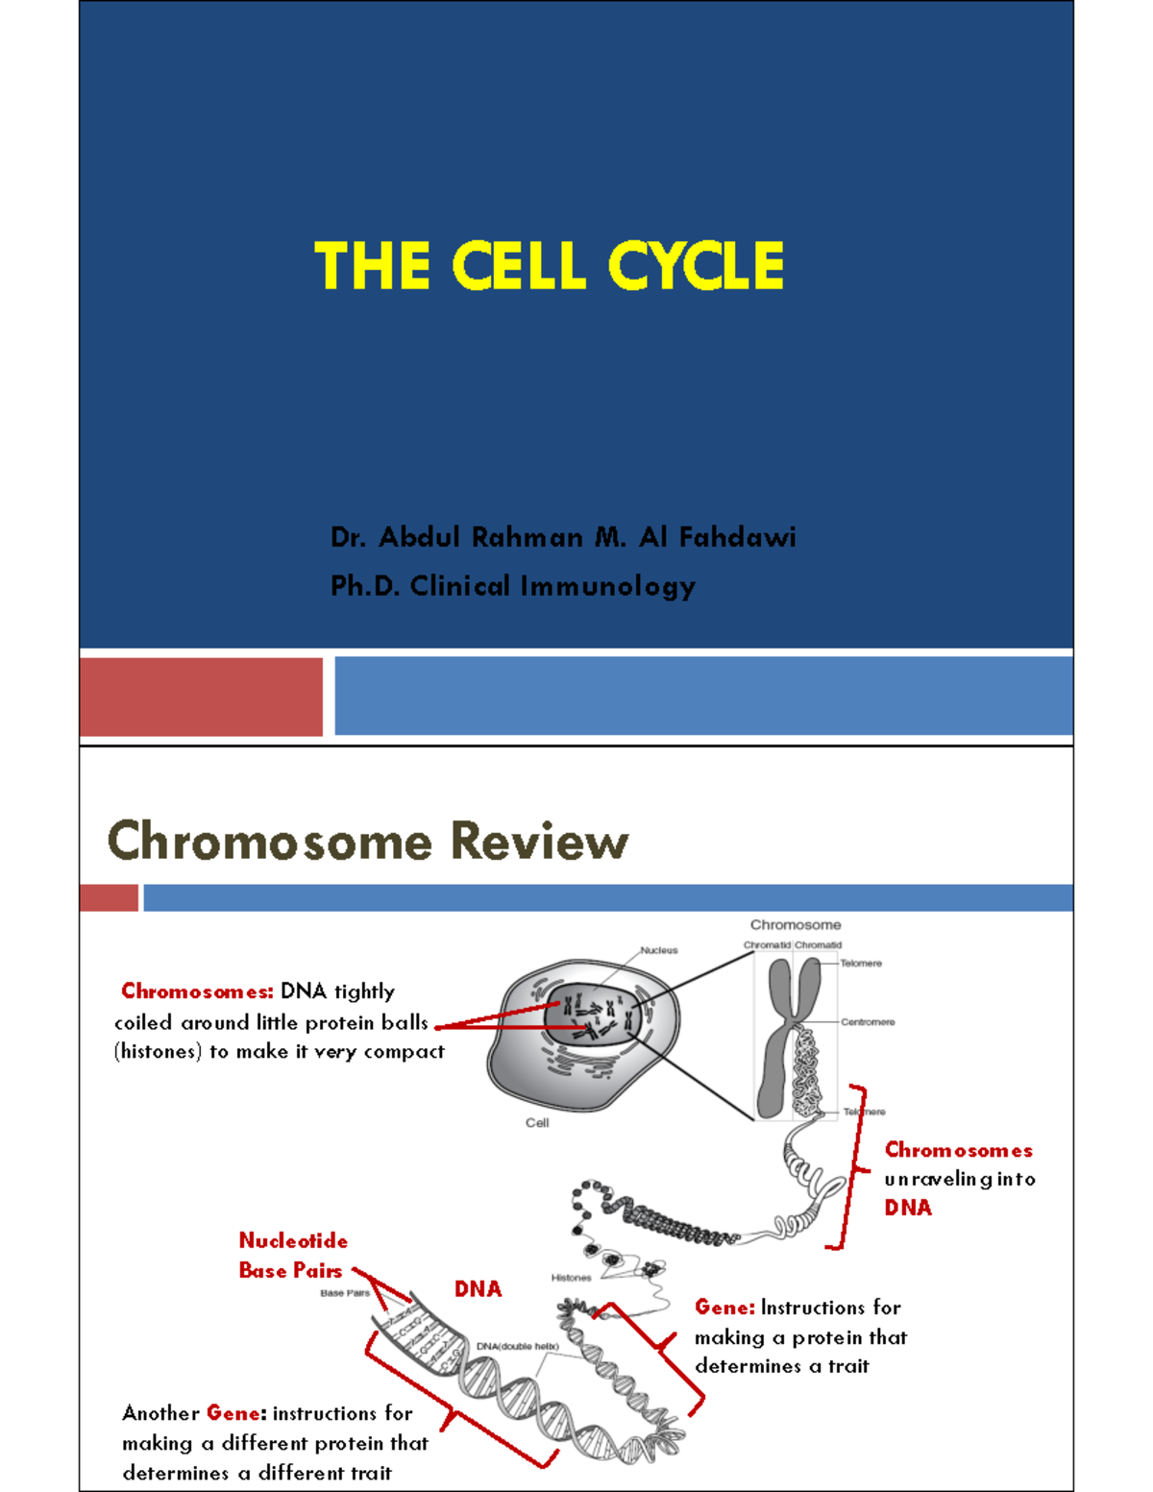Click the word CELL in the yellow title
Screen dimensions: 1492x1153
point(518,266)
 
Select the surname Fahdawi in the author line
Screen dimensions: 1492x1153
point(737,537)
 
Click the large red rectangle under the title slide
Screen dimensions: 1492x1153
point(201,697)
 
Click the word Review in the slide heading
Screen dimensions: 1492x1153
point(539,841)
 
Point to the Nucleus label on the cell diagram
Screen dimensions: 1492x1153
point(659,950)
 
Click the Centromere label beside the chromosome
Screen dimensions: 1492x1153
point(867,1022)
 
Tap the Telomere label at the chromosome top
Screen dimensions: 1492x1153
point(860,963)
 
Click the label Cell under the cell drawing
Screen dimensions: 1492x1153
point(537,1122)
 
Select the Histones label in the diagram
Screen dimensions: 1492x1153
point(571,1278)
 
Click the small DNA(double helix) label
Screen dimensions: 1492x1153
point(517,1346)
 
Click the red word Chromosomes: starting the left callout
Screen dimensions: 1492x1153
point(197,991)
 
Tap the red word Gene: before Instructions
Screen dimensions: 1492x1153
point(724,1308)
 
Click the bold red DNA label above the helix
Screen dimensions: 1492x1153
point(478,1289)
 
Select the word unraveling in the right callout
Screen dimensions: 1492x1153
point(938,1179)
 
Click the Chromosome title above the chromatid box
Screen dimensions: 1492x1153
point(795,925)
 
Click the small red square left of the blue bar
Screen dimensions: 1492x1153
point(109,898)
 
